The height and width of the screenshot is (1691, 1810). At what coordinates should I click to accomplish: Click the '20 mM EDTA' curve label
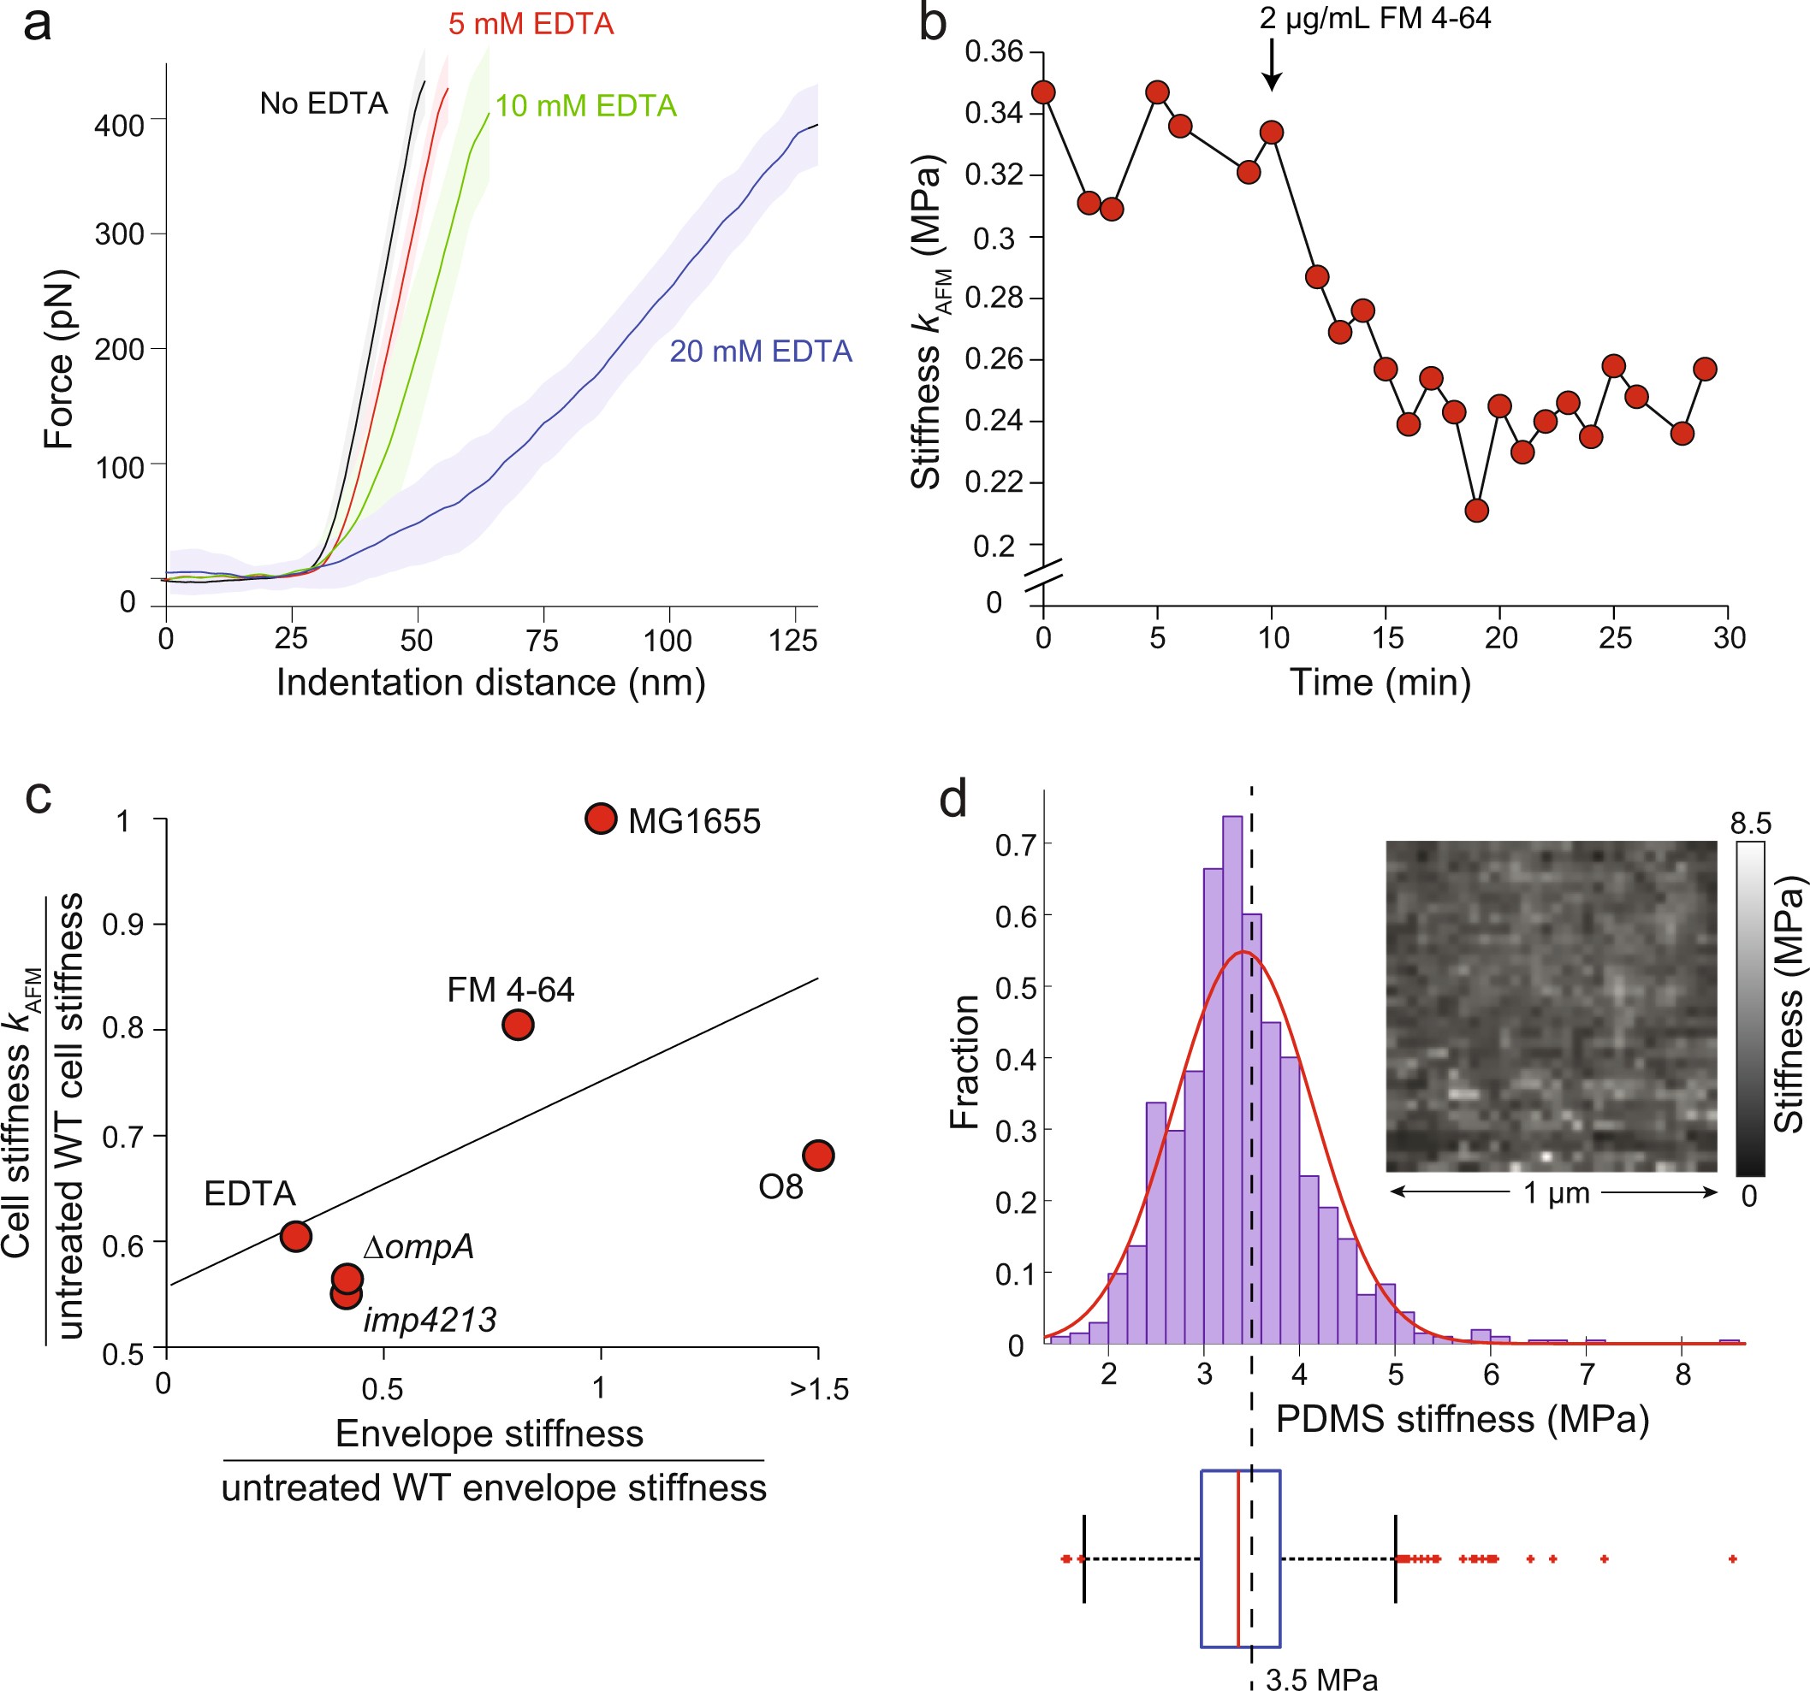760,352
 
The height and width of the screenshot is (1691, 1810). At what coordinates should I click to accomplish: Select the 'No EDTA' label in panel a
323,103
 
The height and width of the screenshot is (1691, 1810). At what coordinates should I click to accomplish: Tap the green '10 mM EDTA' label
585,106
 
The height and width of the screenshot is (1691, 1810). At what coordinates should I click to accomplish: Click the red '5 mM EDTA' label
531,25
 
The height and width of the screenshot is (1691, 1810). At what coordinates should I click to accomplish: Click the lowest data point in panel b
1477,511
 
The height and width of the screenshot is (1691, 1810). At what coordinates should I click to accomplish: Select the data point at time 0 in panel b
1043,92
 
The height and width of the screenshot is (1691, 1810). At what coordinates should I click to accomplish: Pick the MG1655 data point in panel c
601,819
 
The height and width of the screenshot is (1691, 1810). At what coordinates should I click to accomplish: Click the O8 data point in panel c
817,1155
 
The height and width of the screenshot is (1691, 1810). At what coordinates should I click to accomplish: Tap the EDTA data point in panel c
296,1236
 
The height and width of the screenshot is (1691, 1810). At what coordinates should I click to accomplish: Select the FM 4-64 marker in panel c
517,1025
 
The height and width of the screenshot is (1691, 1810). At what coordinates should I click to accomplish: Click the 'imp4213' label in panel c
430,1320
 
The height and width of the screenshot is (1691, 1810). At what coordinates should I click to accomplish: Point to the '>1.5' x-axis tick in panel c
818,1390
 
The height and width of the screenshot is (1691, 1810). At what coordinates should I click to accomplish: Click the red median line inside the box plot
1238,1558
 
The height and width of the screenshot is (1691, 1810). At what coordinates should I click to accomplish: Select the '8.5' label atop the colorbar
1750,824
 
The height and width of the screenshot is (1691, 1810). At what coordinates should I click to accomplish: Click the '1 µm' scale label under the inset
1556,1192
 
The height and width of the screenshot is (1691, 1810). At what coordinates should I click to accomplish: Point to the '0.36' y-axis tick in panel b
994,52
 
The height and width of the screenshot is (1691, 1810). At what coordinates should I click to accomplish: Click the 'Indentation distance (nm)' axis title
490,682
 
